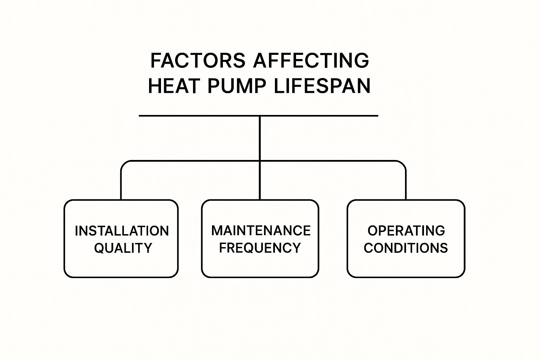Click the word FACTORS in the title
[x=198, y=60]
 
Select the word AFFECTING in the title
[x=311, y=60]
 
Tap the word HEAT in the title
[x=174, y=86]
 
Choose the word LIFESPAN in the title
[x=322, y=86]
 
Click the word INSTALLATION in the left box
[x=122, y=231]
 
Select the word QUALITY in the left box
[x=123, y=248]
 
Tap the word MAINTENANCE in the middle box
[x=261, y=231]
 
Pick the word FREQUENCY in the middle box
[x=260, y=248]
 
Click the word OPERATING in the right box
[x=406, y=231]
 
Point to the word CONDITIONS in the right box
[x=406, y=248]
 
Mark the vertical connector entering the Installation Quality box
[x=121, y=186]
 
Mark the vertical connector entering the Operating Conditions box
[x=406, y=186]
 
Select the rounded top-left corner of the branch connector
[x=124, y=164]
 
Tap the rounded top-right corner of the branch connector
[x=403, y=164]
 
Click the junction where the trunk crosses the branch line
[x=260, y=161]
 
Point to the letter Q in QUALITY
[x=99, y=248]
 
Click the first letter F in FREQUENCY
[x=223, y=248]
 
